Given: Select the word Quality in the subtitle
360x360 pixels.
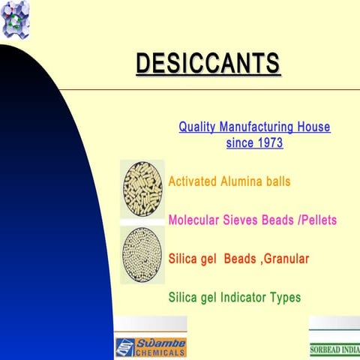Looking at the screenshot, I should click(x=198, y=127).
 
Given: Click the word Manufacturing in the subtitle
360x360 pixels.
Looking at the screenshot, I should click(x=259, y=127).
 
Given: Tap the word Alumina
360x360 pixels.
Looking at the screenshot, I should click(x=241, y=181).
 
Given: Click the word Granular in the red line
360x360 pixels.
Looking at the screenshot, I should click(x=283, y=259).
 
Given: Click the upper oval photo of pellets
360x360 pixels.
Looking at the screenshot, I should click(x=142, y=188).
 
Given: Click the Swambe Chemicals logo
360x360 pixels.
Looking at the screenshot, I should click(x=150, y=346).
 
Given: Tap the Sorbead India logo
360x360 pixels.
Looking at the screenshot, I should click(x=334, y=349).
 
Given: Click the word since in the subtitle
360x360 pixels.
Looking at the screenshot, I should click(x=238, y=142).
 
